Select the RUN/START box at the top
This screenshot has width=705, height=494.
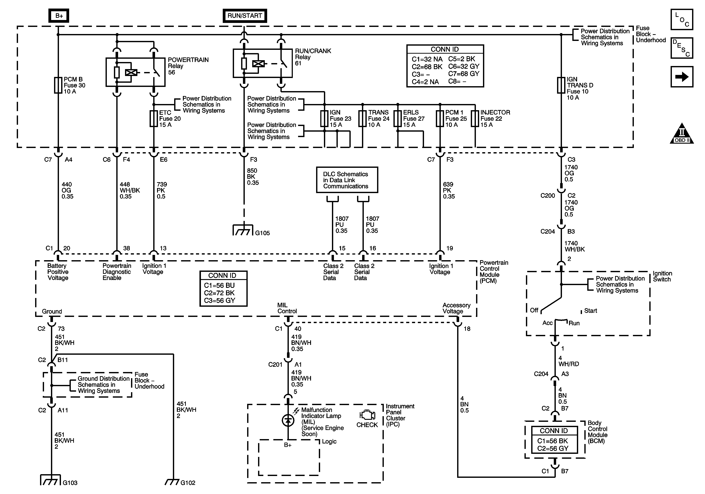[245, 16]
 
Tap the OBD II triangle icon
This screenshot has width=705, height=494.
[682, 133]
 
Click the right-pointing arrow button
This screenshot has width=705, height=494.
[682, 77]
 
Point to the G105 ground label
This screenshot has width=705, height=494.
[263, 233]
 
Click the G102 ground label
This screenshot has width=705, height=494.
[188, 483]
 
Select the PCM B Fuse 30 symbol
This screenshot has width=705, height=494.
[58, 85]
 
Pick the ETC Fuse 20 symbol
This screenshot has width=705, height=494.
[154, 118]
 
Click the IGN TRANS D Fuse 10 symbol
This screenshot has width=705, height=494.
[561, 85]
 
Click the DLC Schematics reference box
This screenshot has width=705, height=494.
[347, 180]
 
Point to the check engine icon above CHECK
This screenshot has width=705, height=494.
[367, 415]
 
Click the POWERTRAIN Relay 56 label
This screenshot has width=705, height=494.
[188, 66]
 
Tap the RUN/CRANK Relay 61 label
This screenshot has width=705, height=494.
[313, 57]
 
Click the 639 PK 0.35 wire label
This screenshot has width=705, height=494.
[449, 190]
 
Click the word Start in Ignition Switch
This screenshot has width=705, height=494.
[591, 311]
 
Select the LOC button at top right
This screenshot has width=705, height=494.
[682, 19]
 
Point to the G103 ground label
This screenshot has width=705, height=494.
[70, 483]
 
